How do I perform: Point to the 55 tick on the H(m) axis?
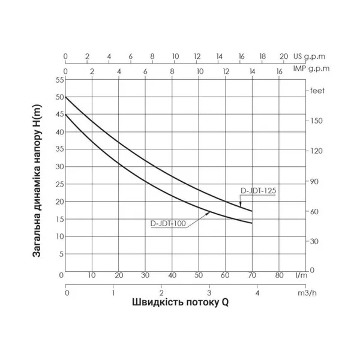tap(58, 79)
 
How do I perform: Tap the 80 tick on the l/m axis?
tap(278, 276)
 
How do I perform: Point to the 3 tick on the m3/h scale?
tap(209, 293)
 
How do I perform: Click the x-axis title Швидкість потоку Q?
tap(181, 303)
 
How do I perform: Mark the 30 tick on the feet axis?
tap(313, 241)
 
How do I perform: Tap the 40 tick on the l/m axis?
tap(172, 276)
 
